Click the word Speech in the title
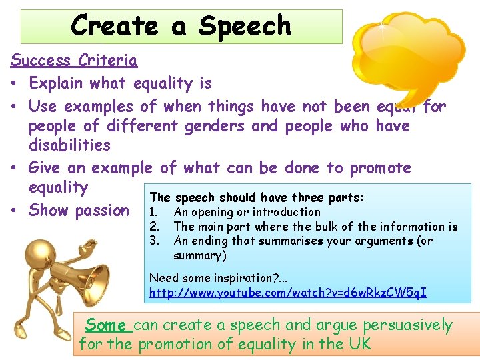pos(245,26)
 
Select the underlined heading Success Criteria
pos(74,61)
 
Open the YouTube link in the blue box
pos(288,293)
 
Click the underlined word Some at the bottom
pos(105,325)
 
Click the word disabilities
pos(69,145)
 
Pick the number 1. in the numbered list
pos(153,212)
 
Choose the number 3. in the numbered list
pos(153,241)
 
